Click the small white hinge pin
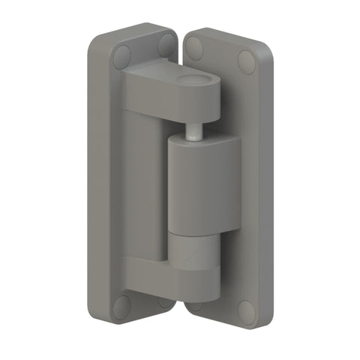click(193, 131)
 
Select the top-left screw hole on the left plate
click(121, 55)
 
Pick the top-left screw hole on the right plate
click(195, 48)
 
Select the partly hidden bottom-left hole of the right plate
click(194, 305)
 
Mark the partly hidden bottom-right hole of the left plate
click(166, 303)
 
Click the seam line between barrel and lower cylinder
click(193, 232)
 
